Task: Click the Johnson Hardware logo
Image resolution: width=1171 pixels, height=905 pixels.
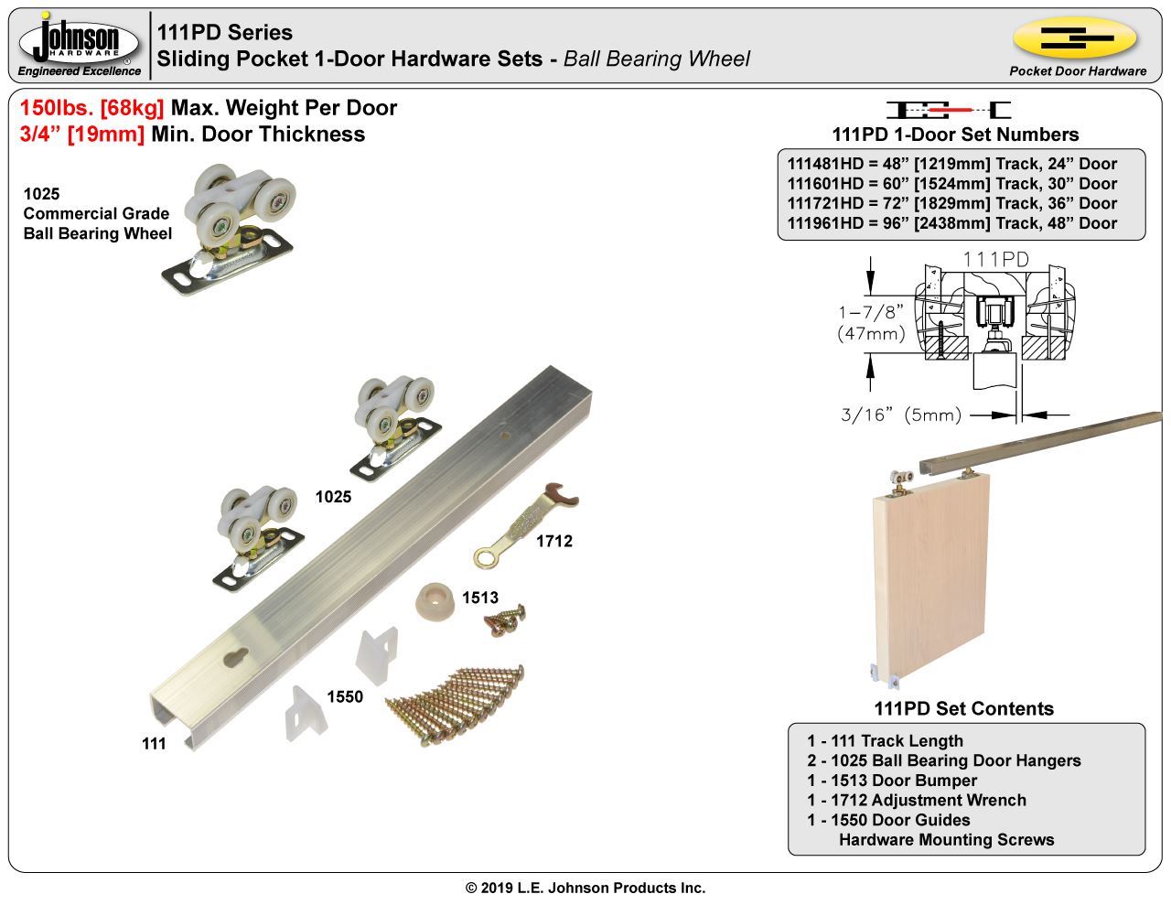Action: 80,43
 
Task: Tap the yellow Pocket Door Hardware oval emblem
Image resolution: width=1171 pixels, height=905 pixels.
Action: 1075,38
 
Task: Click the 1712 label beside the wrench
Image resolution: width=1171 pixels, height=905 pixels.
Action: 554,541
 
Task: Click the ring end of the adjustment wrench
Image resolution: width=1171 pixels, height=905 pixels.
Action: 485,556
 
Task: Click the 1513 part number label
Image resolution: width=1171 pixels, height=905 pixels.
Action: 480,598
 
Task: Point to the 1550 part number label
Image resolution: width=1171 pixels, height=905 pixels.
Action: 345,696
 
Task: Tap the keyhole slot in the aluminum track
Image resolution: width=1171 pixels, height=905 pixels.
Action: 235,657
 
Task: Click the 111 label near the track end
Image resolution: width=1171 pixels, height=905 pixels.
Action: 154,744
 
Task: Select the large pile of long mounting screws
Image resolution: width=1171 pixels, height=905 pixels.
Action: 456,705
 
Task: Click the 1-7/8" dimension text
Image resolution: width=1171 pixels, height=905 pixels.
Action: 871,312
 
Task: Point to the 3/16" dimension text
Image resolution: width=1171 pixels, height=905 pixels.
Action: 866,415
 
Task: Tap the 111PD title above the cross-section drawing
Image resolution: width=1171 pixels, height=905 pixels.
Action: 996,260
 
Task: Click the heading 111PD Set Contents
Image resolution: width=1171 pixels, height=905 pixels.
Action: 963,708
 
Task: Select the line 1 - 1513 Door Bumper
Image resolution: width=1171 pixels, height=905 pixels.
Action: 892,781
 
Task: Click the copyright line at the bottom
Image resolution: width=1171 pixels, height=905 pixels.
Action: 585,888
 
